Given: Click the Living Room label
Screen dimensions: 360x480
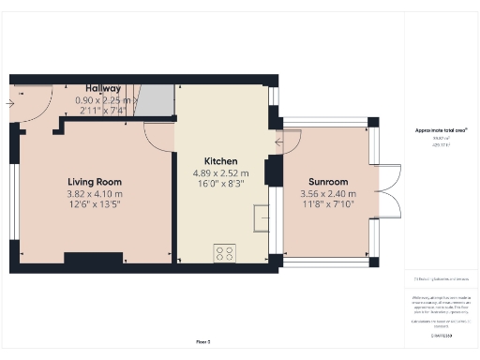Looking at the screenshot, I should tap(94, 181).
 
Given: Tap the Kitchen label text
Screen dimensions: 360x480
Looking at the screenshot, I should tap(221, 160).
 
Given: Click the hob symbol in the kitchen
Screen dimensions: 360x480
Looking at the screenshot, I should tap(224, 252).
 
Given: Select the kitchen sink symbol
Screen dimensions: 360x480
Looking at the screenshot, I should tap(260, 217).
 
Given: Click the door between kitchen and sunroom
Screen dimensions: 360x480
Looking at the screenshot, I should tap(288, 142).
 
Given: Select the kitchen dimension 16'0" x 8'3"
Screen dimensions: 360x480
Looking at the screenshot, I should tap(221, 185).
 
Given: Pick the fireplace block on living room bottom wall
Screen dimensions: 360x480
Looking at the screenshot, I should tap(92, 258).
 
